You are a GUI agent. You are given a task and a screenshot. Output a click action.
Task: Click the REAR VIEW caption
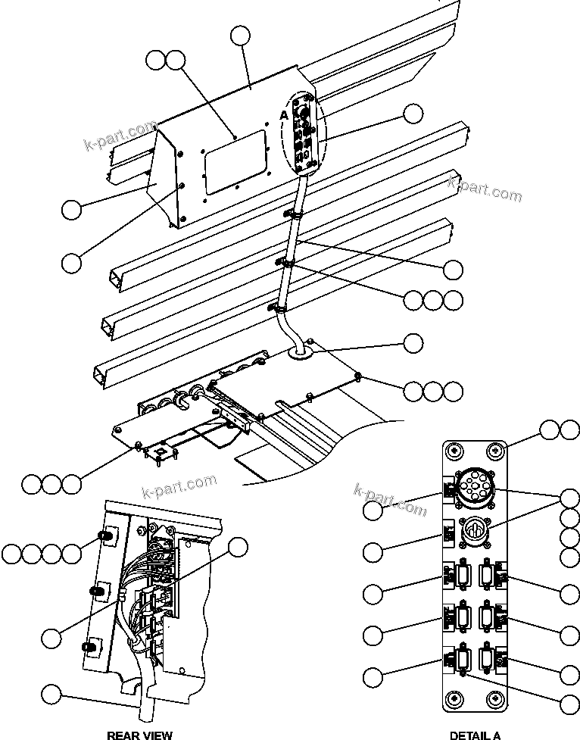[x=139, y=734]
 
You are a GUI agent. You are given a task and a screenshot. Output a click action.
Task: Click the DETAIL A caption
[x=475, y=734]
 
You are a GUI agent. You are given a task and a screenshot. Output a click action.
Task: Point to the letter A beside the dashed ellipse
[x=284, y=114]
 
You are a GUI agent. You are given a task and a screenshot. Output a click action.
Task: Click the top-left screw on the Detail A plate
[x=454, y=451]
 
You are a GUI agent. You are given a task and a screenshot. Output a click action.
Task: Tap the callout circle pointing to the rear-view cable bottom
[x=51, y=694]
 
